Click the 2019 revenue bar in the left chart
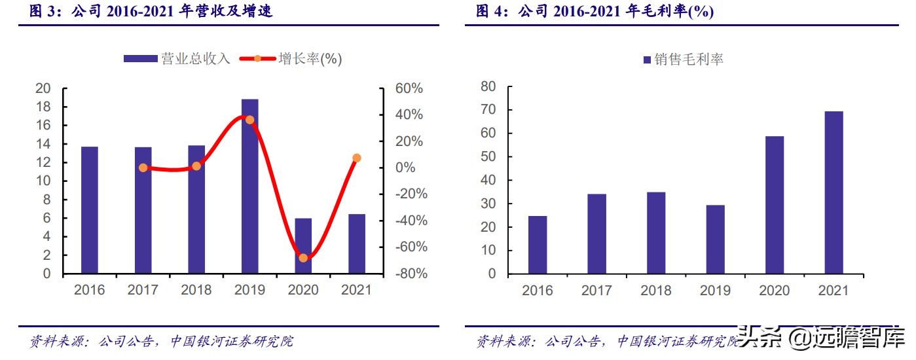click(249, 187)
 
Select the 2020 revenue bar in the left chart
click(303, 246)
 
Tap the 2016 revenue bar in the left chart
click(90, 210)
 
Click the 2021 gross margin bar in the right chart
click(834, 192)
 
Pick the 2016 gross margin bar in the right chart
click(538, 245)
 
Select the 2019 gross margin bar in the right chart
click(715, 240)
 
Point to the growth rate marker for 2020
click(303, 258)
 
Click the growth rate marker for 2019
click(249, 120)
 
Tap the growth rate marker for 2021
click(357, 158)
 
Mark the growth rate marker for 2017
click(143, 168)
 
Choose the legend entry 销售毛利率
click(683, 60)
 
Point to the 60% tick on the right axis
click(409, 88)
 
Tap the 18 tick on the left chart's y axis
click(43, 107)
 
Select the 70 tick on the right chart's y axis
click(488, 110)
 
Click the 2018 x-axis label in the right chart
click(656, 291)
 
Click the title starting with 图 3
click(151, 11)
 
